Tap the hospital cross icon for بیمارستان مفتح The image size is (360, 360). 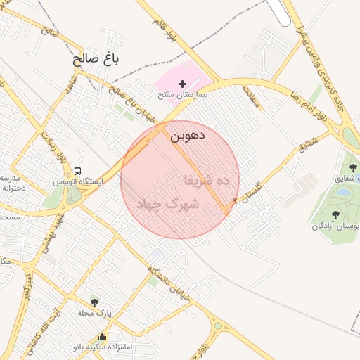(183, 84)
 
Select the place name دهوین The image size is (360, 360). (187, 135)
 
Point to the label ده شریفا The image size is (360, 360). (207, 181)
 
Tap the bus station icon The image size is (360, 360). (77, 171)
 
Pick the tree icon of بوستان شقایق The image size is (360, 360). (353, 167)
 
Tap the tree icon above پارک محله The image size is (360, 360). (94, 302)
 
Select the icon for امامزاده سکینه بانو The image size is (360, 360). (103, 336)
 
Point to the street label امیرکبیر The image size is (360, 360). (27, 288)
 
